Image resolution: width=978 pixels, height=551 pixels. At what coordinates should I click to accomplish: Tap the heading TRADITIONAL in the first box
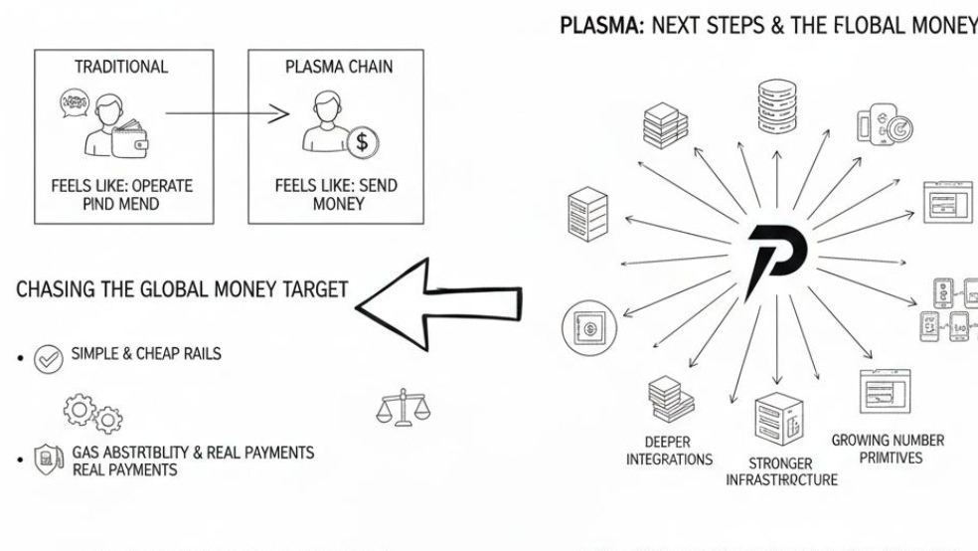[121, 68]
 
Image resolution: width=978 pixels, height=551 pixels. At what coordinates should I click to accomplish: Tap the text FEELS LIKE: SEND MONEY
[324, 195]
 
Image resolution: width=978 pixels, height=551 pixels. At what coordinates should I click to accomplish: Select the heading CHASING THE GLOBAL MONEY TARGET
[183, 289]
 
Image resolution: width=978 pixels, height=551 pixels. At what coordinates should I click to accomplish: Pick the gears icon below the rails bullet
[82, 409]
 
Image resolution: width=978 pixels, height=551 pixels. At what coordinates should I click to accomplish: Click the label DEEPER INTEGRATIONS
[669, 451]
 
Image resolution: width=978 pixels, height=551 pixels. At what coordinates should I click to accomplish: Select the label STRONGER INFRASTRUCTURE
[782, 471]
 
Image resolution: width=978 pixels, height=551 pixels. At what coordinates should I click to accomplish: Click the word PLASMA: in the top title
[593, 25]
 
